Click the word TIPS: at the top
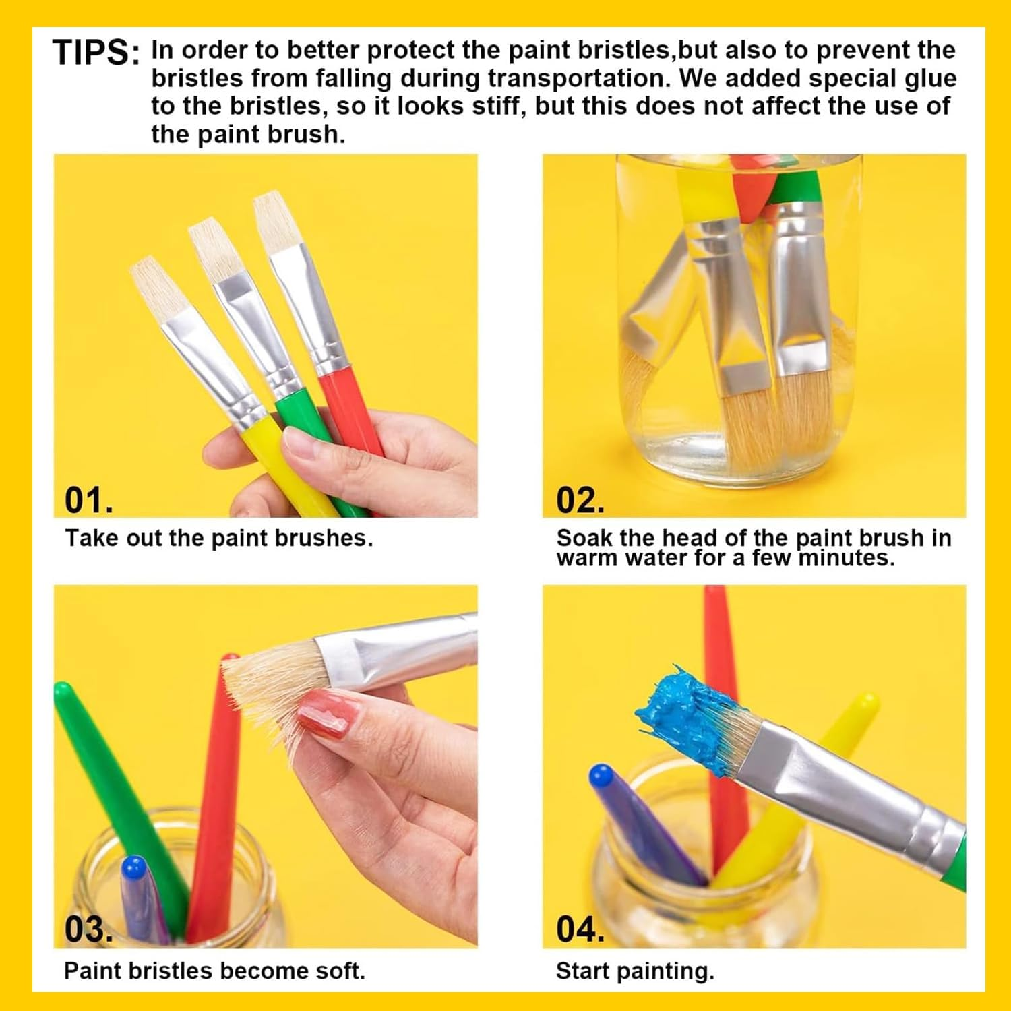click(96, 53)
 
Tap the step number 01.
click(88, 500)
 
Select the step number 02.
click(580, 500)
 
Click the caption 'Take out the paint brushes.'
click(218, 539)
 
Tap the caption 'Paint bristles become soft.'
click(214, 971)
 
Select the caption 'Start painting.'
click(634, 971)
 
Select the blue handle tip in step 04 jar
click(601, 777)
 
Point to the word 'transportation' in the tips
click(579, 78)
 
